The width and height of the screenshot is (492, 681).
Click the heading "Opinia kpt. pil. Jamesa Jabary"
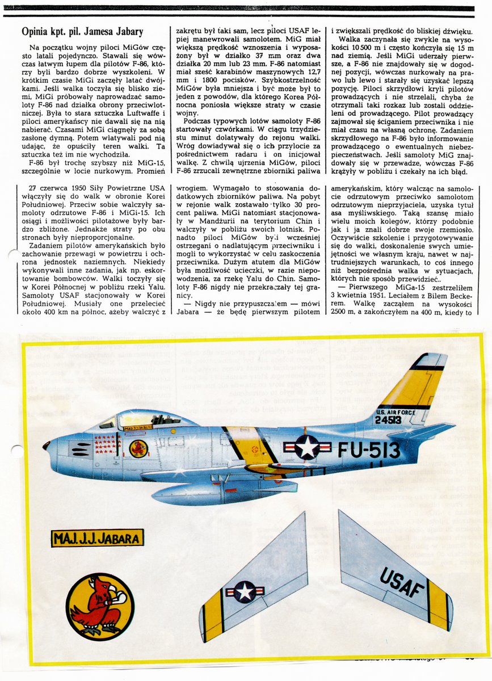pos(82,32)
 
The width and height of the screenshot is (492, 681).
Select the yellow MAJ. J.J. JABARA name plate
pos(97,537)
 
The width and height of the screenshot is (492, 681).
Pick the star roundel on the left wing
pos(245,592)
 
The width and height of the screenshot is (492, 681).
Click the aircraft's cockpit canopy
pos(150,421)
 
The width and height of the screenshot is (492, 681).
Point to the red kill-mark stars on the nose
pos(106,444)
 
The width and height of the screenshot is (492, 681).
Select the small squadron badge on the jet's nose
pos(138,448)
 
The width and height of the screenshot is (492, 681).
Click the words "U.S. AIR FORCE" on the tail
pos(397,411)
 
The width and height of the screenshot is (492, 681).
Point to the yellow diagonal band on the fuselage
pos(249,445)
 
